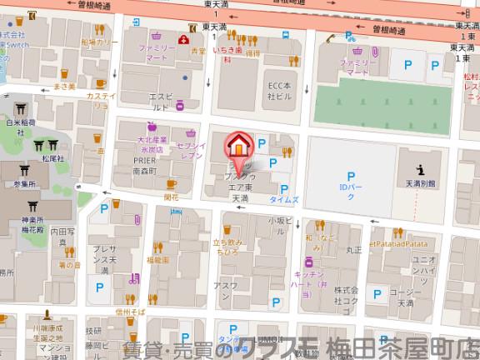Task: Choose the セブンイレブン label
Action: pos(192,151)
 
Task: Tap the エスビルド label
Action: pos(160,102)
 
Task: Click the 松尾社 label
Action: pos(52,157)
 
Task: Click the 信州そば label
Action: pos(129,310)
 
